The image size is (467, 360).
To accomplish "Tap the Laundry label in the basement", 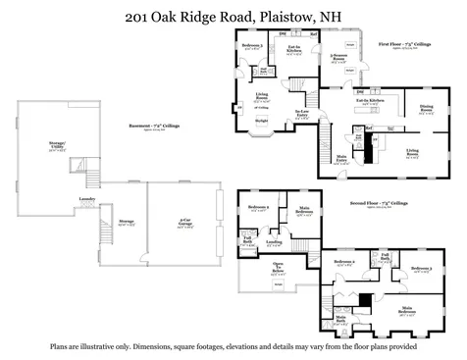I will tap(86, 199).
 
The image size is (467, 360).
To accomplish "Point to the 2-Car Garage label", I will tap(185, 220).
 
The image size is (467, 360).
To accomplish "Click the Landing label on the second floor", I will tap(274, 241).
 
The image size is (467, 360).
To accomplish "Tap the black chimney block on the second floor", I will tap(365, 299).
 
